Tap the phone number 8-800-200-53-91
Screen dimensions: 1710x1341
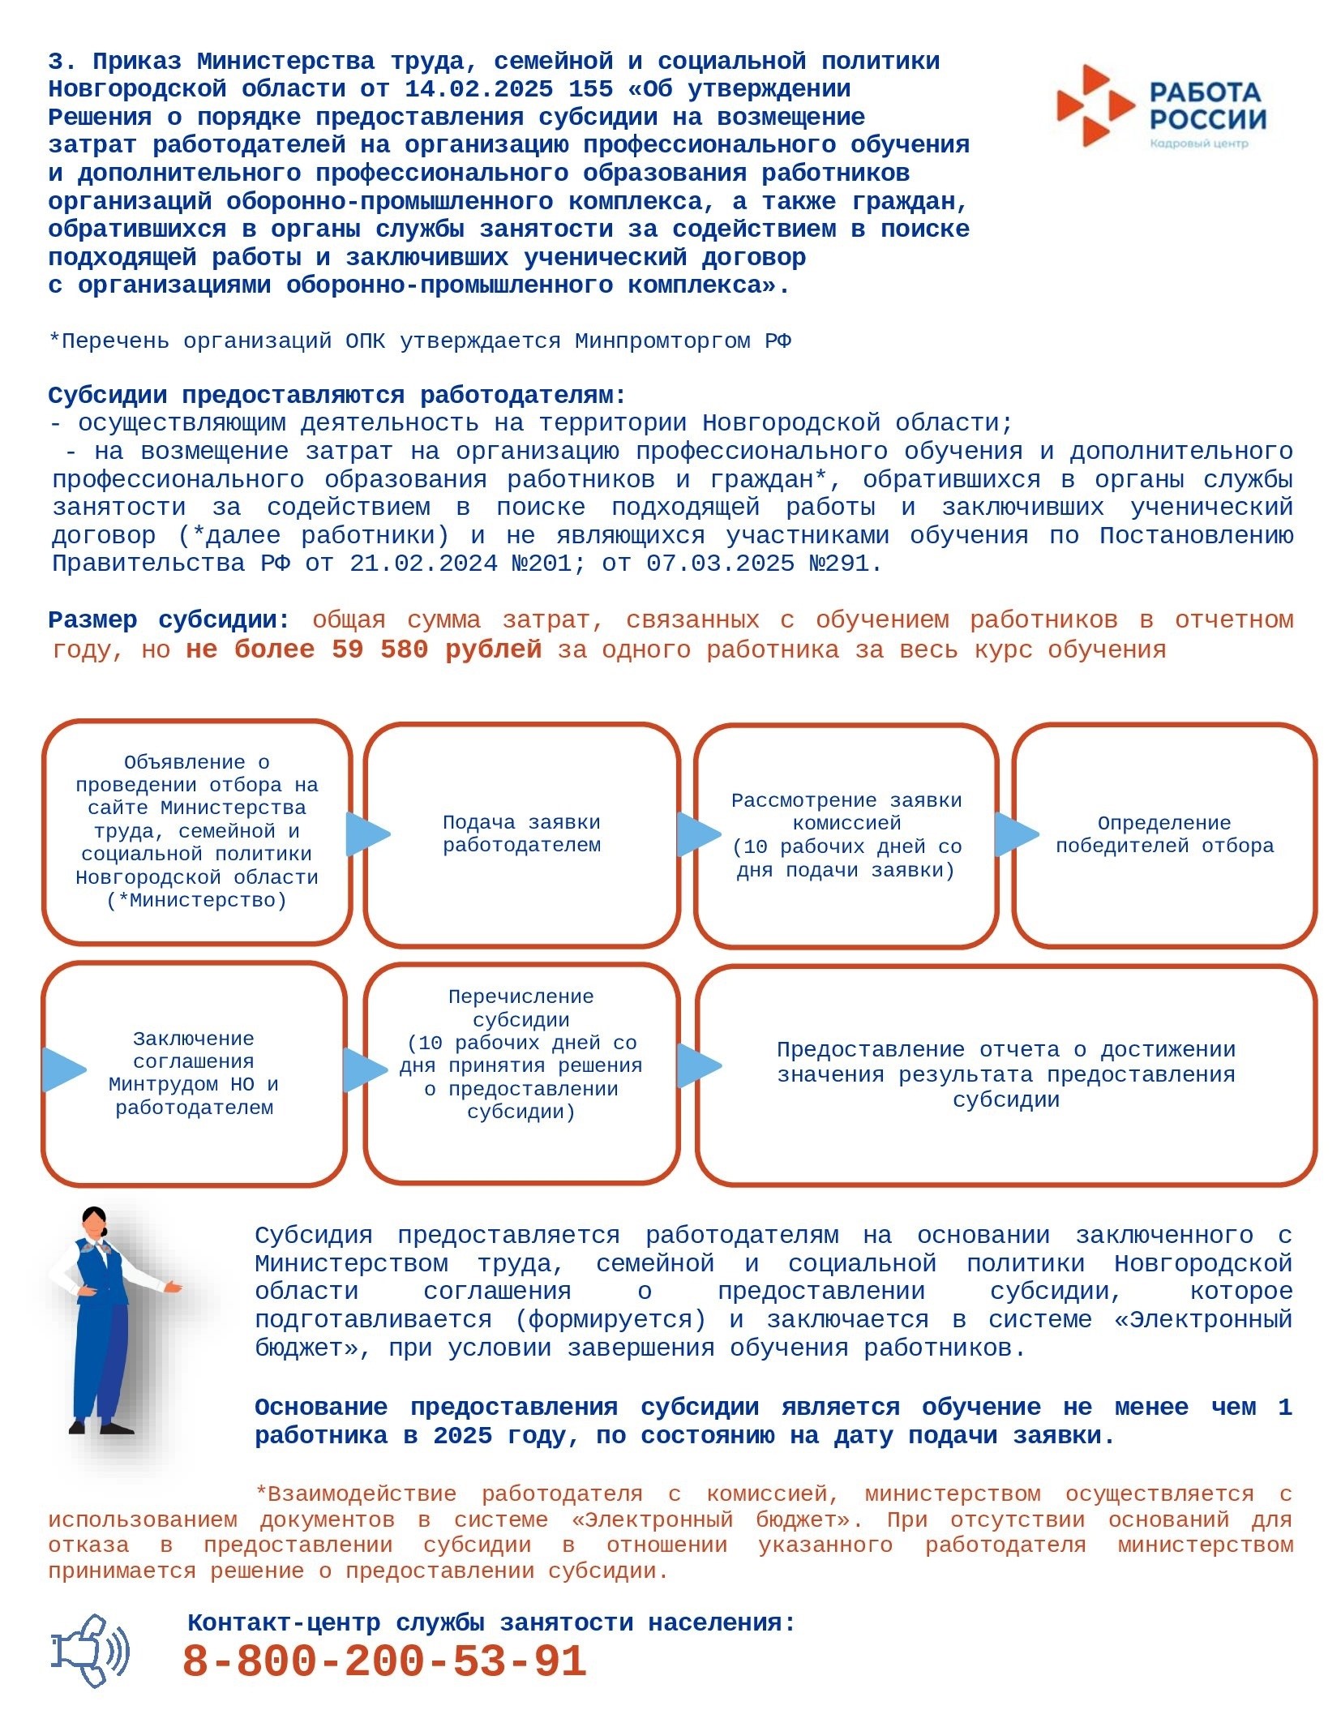point(384,1661)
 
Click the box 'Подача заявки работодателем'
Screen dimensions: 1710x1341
point(521,834)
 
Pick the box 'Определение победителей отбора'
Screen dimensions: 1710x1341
point(1164,834)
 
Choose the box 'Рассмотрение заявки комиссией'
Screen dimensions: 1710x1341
point(846,835)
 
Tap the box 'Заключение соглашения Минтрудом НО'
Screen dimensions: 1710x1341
point(194,1073)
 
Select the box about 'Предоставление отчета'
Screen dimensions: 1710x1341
point(1005,1074)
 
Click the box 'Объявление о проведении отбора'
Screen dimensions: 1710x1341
point(196,831)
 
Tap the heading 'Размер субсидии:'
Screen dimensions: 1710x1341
point(169,620)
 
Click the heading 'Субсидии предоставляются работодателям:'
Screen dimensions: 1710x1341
point(336,396)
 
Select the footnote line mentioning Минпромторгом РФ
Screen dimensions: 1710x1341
point(419,341)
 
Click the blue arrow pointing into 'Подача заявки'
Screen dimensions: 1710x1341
point(366,834)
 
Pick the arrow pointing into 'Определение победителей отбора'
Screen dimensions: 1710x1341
point(1015,834)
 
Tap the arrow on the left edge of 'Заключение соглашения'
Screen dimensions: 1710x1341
point(63,1069)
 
